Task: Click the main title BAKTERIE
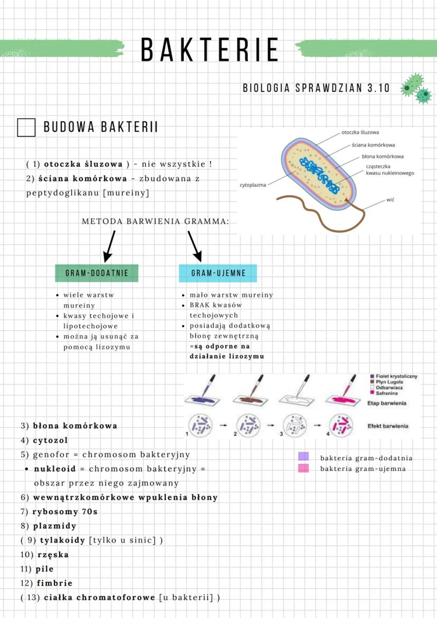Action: pos(210,50)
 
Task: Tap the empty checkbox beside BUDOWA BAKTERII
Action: pos(26,128)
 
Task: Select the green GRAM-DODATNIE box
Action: pos(97,273)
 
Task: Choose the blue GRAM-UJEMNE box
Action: pos(218,273)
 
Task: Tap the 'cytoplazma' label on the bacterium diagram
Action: pos(253,185)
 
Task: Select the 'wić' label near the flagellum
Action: pos(391,200)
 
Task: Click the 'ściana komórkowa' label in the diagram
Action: pos(374,145)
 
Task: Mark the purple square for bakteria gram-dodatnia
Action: pos(303,457)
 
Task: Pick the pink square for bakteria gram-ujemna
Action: pos(303,468)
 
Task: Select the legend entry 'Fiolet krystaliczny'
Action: pos(396,376)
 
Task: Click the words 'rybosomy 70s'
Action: pos(65,512)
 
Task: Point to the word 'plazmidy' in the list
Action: pos(54,526)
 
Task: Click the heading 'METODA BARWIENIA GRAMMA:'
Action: pos(156,222)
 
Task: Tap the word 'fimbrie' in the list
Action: pos(54,583)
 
